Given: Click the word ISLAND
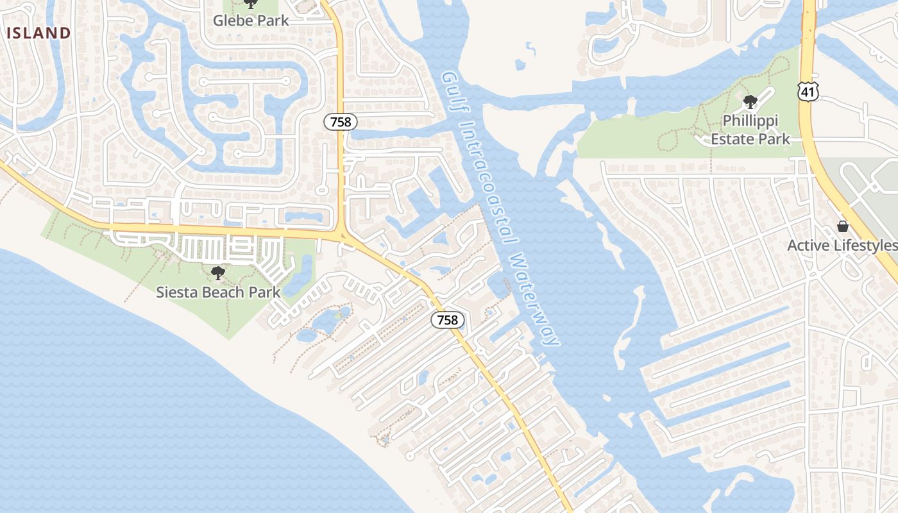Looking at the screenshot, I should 38,33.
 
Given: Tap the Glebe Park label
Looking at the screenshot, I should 251,21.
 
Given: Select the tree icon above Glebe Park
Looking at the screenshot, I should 251,4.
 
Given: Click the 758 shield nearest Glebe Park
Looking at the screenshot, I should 340,121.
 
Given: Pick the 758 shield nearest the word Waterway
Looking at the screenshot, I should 447,319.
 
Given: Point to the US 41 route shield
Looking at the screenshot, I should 808,92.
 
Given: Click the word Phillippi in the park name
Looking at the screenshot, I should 750,121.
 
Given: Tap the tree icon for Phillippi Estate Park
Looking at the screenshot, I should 750,101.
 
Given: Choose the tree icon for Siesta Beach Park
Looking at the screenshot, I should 218,273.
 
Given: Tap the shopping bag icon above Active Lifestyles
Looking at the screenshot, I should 843,226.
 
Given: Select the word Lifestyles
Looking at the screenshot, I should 866,246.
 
